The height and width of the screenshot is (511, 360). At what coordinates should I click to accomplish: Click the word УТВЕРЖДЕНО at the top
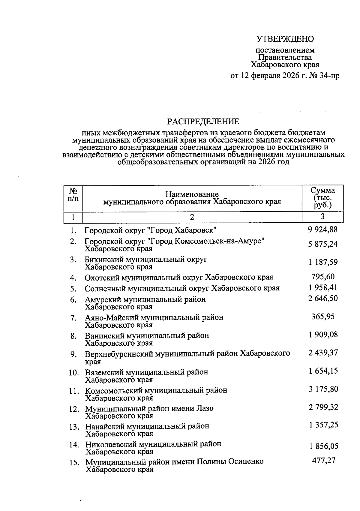click(x=285, y=39)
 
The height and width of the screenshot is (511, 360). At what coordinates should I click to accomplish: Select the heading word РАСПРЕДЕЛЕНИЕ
click(x=203, y=122)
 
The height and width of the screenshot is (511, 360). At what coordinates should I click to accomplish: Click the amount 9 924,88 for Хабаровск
click(x=322, y=230)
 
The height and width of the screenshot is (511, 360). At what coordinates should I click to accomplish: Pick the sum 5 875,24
click(x=322, y=244)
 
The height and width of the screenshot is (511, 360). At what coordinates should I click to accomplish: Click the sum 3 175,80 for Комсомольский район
click(x=323, y=389)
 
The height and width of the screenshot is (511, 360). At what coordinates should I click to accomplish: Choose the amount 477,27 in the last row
click(x=323, y=461)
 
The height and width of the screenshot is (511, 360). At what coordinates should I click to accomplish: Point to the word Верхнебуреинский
click(x=119, y=354)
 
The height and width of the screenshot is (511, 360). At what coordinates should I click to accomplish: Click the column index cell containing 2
click(x=192, y=217)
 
